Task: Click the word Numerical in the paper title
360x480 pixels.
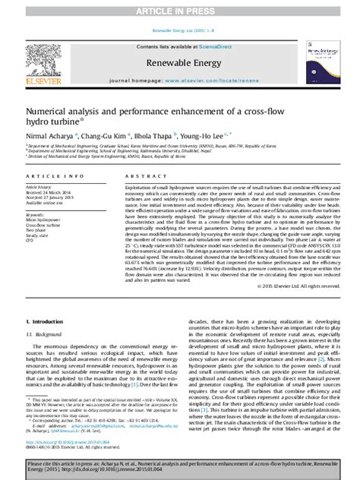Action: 51,109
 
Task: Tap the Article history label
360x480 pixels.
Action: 39,207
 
